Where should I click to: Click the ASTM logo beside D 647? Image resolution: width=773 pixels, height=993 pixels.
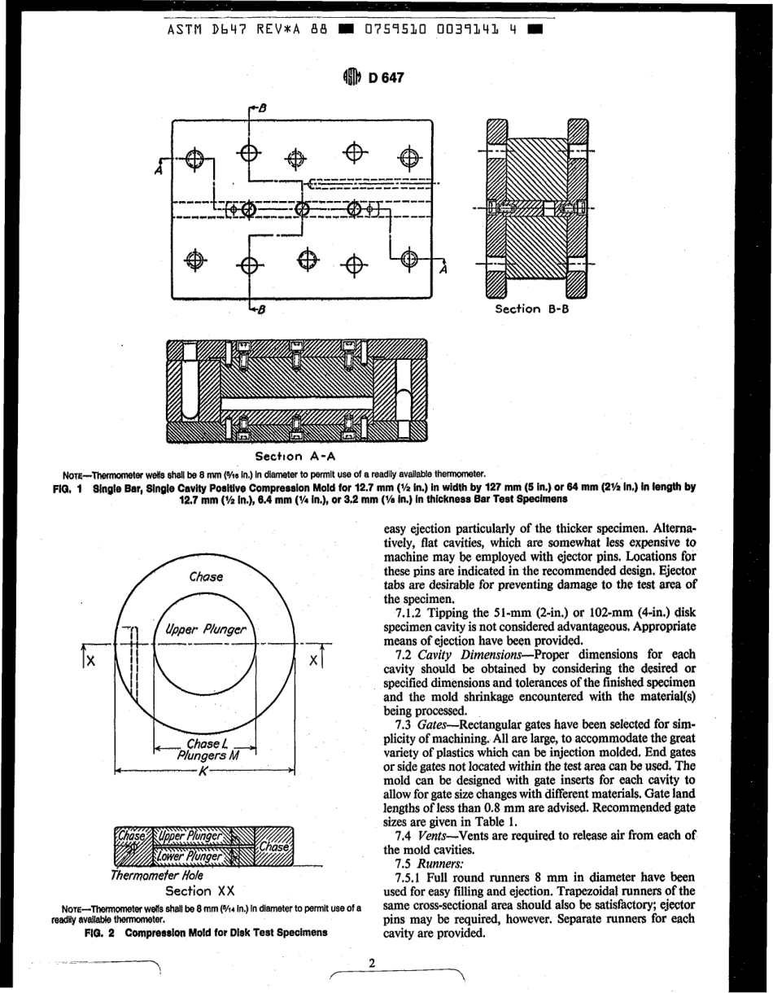point(351,78)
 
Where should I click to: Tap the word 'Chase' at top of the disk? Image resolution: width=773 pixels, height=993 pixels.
point(206,576)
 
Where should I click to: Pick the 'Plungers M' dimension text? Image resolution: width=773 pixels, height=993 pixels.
point(204,755)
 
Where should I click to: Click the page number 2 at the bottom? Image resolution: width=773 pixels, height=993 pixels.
point(372,964)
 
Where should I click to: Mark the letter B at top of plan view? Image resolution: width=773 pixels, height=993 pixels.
point(262,107)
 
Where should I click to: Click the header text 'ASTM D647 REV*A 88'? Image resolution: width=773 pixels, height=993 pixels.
point(247,30)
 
